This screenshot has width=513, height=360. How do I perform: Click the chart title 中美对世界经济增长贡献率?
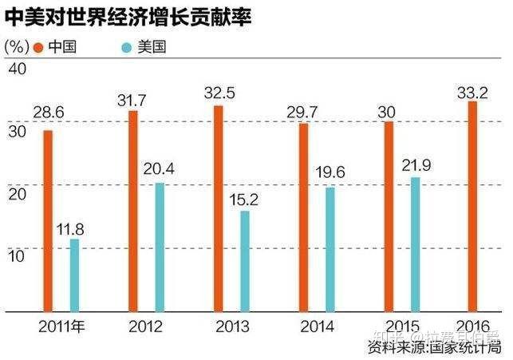tap(127, 17)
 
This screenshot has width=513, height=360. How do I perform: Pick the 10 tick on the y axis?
tap(16, 254)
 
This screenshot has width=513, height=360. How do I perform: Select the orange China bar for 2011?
tap(47, 220)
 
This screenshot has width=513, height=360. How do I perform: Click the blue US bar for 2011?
tap(75, 274)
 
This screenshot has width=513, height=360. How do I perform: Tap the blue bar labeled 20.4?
tap(160, 246)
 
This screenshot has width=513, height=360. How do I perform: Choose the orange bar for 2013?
tap(218, 208)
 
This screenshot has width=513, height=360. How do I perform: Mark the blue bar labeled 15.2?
tap(245, 260)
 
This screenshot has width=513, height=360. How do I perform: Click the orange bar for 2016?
tap(473, 205)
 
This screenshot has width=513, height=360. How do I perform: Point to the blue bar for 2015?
tap(415, 243)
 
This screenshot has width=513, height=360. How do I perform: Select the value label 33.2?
tap(471, 91)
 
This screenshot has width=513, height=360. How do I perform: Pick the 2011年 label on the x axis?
tap(61, 326)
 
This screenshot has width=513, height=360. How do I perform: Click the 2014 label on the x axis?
tap(315, 326)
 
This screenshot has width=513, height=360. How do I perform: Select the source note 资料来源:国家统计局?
tap(434, 347)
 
